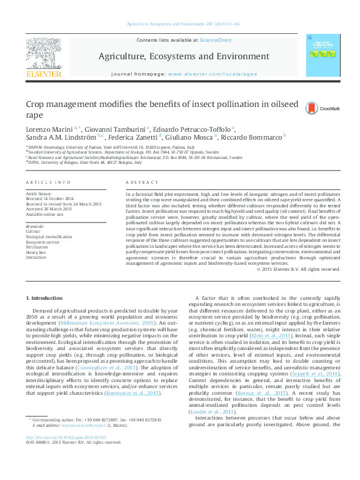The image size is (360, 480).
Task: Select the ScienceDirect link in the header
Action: coord(216,40)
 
